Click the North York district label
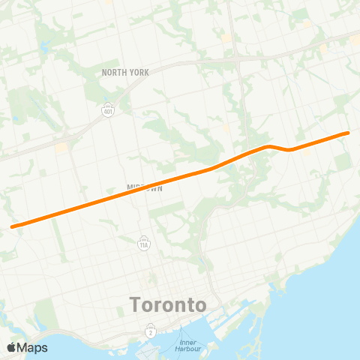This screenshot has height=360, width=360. coord(126,72)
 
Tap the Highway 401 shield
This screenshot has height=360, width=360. coord(109,109)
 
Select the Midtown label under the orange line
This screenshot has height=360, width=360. coord(144,188)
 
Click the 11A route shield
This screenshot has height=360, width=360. coord(143,243)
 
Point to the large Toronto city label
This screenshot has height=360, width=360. coord(168,305)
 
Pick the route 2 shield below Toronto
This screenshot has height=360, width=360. coord(151,330)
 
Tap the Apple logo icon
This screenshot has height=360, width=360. coord(11,347)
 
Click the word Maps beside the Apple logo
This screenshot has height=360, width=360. coord(32,347)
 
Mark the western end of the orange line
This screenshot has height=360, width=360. coord(12,226)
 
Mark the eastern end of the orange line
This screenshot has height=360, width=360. coord(348,133)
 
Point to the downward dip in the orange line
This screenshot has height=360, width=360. coord(289,149)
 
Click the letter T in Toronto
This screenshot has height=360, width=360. coord(136,305)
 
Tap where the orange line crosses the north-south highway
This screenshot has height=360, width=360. coord(247,153)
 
